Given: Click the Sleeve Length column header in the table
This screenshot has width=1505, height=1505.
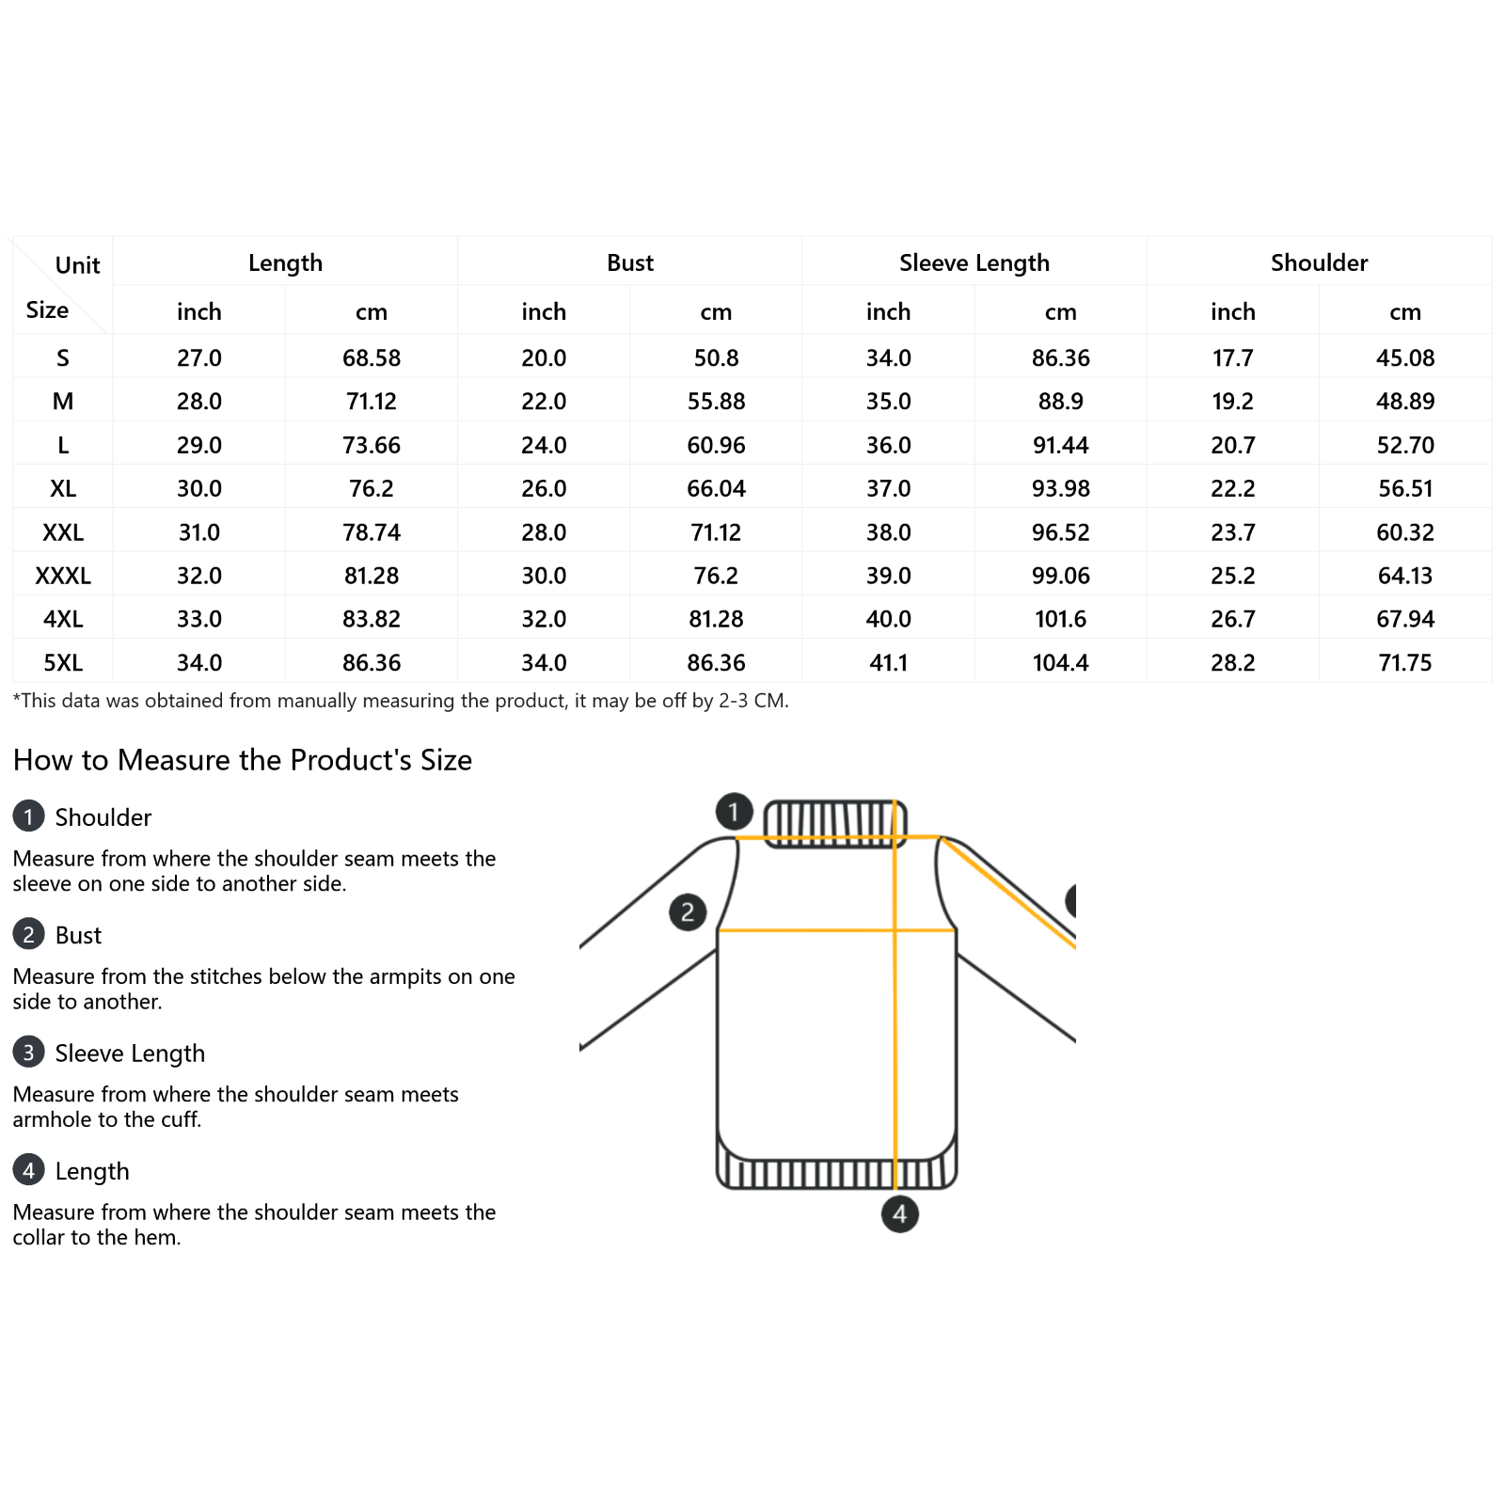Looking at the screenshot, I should click(x=974, y=262).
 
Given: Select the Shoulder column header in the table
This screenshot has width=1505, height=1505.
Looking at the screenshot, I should click(x=1319, y=262).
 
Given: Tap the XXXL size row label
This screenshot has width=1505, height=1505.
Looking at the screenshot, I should click(x=63, y=576).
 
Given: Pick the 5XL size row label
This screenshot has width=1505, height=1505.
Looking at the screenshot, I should click(x=63, y=663).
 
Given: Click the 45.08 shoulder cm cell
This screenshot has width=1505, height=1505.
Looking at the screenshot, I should click(x=1405, y=358).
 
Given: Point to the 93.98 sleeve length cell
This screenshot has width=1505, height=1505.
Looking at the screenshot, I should click(x=1060, y=489).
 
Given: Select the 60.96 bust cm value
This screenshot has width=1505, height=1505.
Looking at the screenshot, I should click(x=716, y=445).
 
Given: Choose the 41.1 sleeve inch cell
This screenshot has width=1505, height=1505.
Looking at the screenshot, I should click(x=888, y=663).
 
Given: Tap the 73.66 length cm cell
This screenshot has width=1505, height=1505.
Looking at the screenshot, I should click(x=372, y=445).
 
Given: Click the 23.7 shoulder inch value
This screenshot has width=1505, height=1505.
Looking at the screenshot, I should click(x=1232, y=532).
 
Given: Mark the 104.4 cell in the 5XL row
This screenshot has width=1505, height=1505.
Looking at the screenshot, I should click(x=1060, y=663).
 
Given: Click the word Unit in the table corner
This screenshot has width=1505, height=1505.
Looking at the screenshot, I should click(x=77, y=265).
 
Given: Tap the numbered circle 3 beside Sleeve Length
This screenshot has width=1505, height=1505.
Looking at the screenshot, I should click(x=28, y=1052).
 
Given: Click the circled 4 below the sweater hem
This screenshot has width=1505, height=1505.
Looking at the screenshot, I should click(x=899, y=1213).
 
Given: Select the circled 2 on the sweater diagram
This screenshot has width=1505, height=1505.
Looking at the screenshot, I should click(x=688, y=911).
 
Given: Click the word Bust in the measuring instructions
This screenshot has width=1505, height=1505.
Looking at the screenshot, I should click(x=78, y=935).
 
